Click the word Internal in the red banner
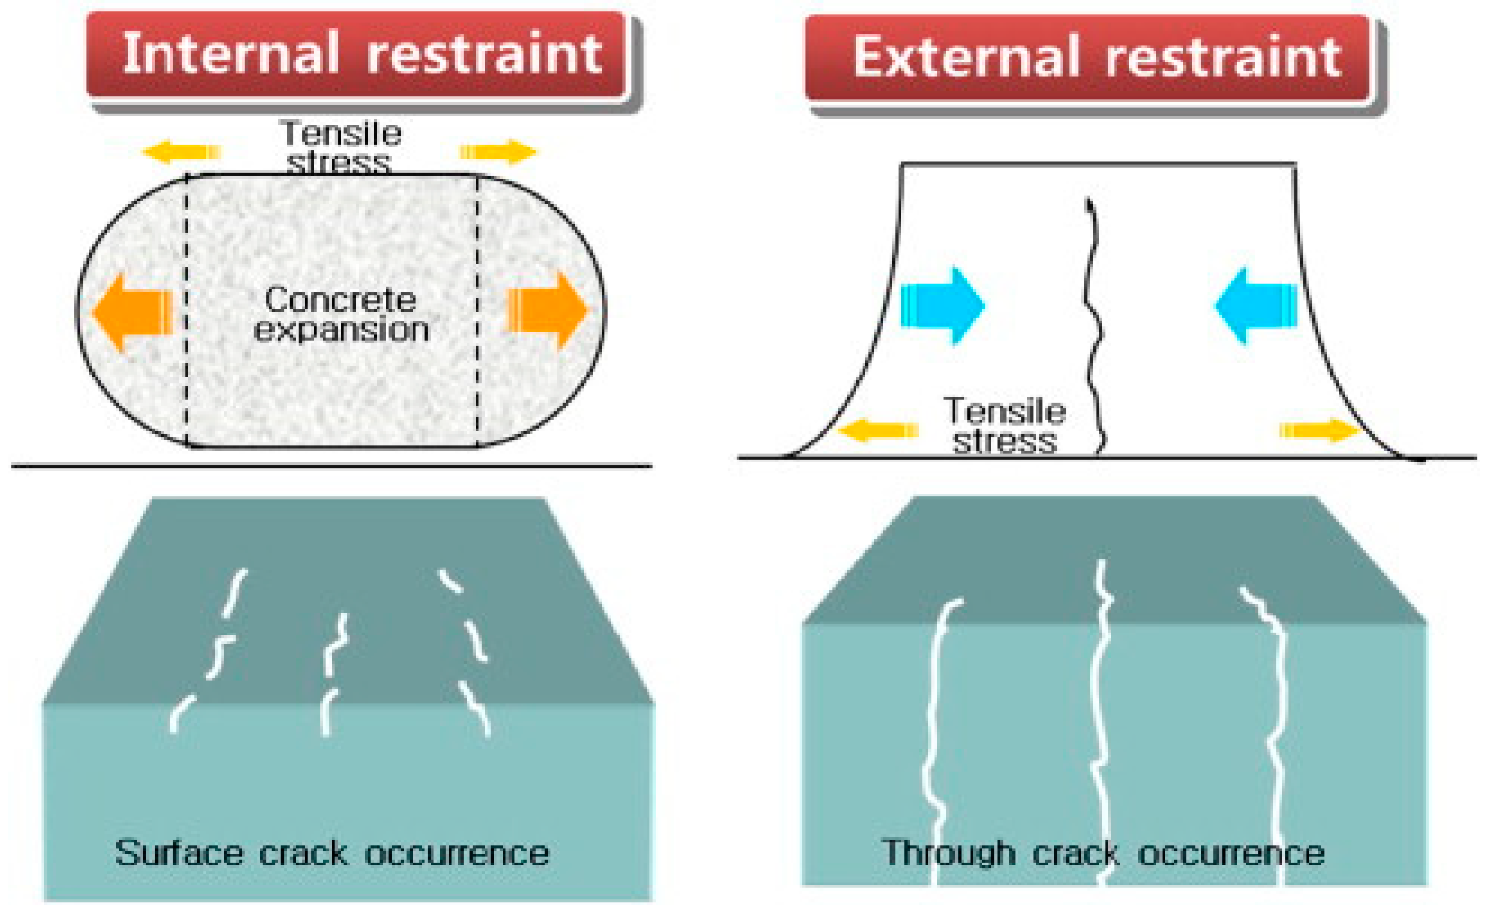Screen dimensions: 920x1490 point(230,54)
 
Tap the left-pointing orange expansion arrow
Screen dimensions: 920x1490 point(132,312)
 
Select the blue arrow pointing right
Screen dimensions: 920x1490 point(942,305)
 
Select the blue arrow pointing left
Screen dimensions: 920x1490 point(1256,305)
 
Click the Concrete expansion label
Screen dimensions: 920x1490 point(341,314)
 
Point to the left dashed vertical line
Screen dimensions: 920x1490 point(186,312)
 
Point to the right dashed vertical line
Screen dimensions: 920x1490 point(477,312)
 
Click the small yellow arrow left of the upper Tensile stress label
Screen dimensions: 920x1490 point(181,151)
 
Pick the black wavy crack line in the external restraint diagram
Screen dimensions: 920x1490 point(1093,325)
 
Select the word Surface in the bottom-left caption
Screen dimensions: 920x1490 point(179,852)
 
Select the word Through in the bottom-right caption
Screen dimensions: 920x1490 point(948,852)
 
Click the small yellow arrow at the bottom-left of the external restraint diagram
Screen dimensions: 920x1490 point(878,430)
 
